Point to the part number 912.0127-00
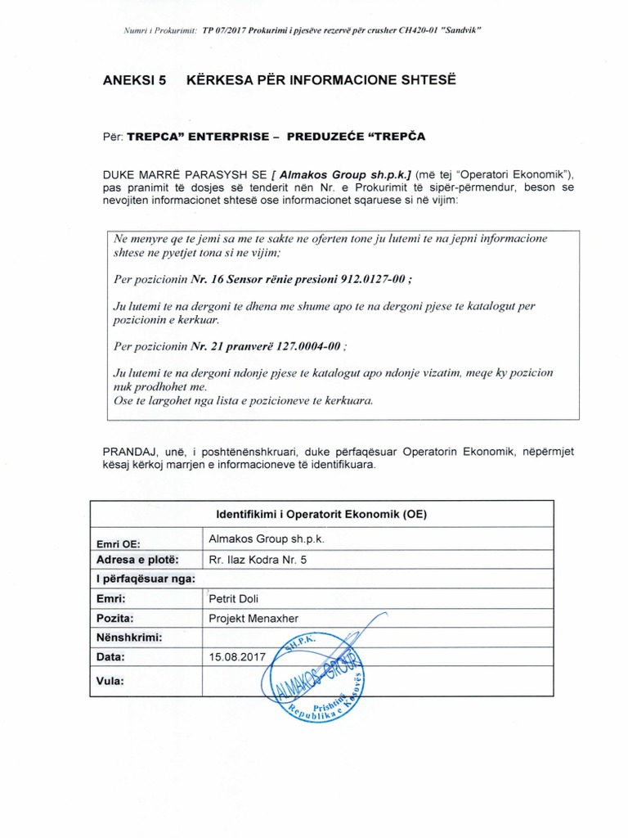(367, 279)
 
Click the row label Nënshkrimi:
(130, 637)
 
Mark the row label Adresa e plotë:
(137, 560)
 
